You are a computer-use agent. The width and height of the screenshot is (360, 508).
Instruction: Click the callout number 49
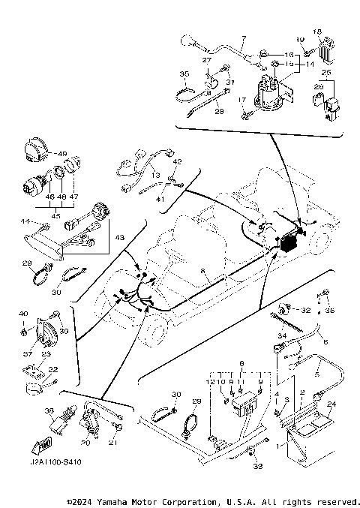click(61, 152)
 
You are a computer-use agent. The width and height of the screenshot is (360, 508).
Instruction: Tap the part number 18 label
click(317, 32)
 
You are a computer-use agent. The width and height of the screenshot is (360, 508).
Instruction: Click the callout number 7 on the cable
click(243, 38)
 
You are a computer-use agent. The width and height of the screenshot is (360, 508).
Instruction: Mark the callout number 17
click(242, 99)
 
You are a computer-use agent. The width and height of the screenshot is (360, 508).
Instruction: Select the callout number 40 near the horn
click(22, 313)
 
